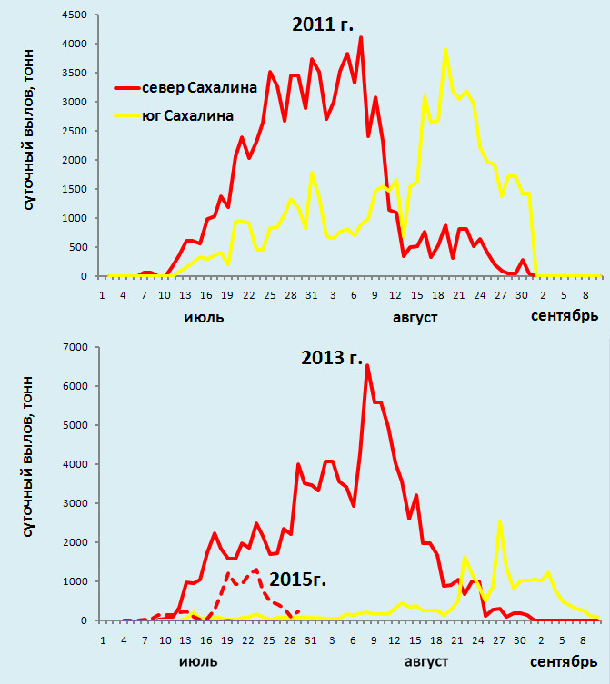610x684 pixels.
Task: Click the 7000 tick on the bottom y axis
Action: [75, 348]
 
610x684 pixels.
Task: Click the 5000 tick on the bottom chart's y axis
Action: [75, 426]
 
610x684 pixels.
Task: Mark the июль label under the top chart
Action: [204, 318]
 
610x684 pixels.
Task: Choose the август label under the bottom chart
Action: [416, 662]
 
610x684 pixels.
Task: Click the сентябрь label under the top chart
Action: [565, 317]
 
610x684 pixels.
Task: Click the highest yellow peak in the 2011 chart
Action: [445, 50]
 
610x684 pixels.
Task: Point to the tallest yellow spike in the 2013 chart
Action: [500, 521]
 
